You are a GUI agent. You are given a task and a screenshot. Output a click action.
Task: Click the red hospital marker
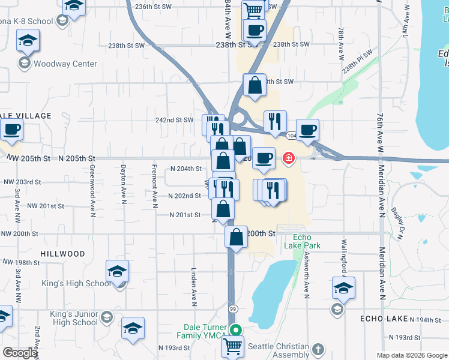[x=288, y=158]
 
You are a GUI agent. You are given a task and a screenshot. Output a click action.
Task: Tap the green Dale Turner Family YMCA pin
[x=237, y=329]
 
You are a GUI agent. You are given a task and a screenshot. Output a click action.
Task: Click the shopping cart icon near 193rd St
[x=233, y=346]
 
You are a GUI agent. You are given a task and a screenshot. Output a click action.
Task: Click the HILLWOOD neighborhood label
[x=62, y=254]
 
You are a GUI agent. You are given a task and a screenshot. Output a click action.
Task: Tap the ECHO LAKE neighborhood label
[x=384, y=319]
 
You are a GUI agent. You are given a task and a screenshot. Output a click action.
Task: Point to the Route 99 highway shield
[x=233, y=308]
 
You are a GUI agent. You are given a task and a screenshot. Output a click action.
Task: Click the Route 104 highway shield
[x=291, y=136]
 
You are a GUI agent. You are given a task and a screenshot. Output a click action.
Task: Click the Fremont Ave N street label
[x=154, y=187]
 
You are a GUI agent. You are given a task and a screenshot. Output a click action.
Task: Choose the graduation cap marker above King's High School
[x=117, y=271]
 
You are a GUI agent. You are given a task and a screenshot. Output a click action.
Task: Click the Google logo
[x=20, y=353]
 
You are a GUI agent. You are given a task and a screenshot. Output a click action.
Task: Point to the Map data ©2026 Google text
[x=411, y=355]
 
